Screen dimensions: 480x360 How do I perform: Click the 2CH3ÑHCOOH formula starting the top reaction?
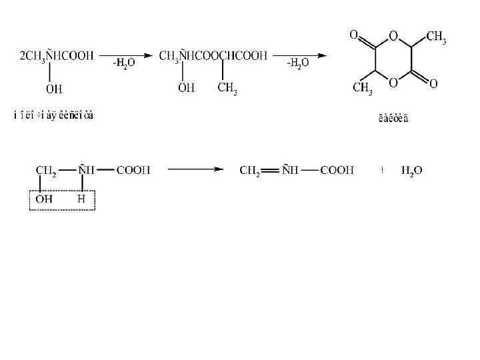57,55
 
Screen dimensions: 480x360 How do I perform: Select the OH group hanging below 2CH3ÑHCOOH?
54,89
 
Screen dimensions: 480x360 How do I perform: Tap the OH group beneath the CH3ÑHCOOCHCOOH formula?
187,88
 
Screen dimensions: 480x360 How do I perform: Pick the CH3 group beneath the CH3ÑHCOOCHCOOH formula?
227,89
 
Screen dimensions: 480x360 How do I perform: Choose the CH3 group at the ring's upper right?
435,37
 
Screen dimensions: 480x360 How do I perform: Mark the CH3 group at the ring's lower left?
363,89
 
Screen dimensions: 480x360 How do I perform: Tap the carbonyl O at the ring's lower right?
433,84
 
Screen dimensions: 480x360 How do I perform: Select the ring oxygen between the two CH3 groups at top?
393,36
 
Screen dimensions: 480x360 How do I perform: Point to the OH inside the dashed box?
45,199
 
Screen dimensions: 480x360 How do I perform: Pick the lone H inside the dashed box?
81,199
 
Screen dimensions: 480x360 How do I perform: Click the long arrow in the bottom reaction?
195,170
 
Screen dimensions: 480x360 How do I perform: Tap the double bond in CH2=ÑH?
269,171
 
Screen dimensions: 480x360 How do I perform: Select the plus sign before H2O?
382,170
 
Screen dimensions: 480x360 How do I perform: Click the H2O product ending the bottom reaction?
411,171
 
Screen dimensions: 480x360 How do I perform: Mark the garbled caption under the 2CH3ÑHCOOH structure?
54,115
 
